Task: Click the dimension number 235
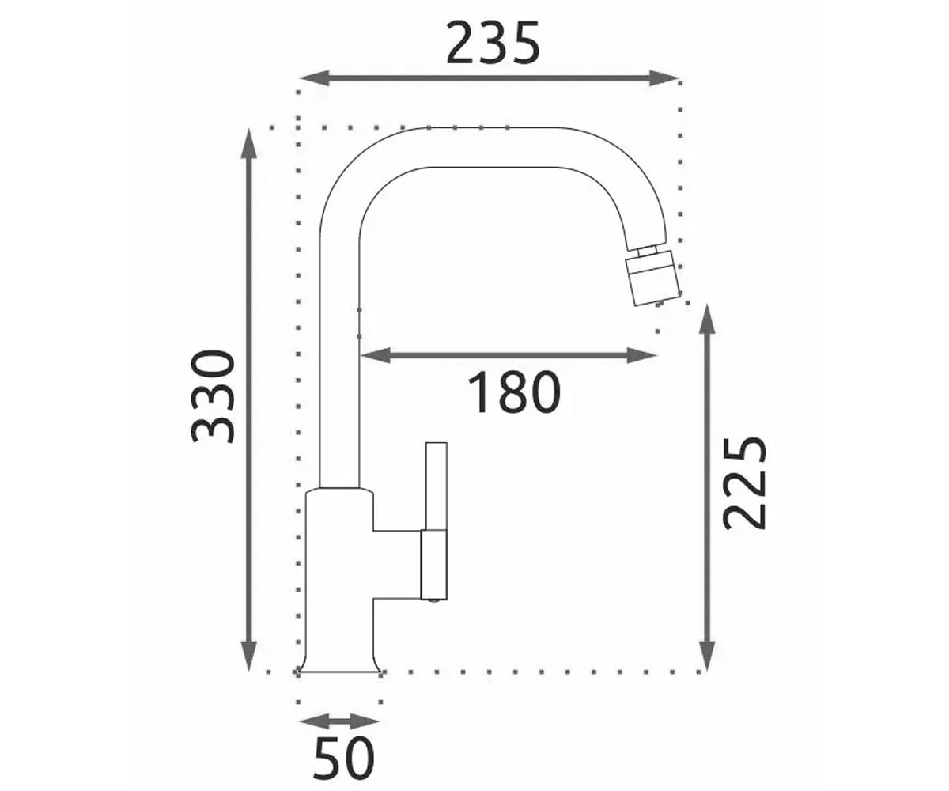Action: coord(493,44)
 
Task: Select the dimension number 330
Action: coord(212,396)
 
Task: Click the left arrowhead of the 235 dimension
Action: coord(314,78)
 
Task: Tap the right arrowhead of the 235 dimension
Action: coord(664,78)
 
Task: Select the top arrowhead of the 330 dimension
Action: coord(248,144)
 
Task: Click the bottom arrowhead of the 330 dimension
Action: coord(248,656)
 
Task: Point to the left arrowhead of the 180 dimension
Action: coord(376,355)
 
